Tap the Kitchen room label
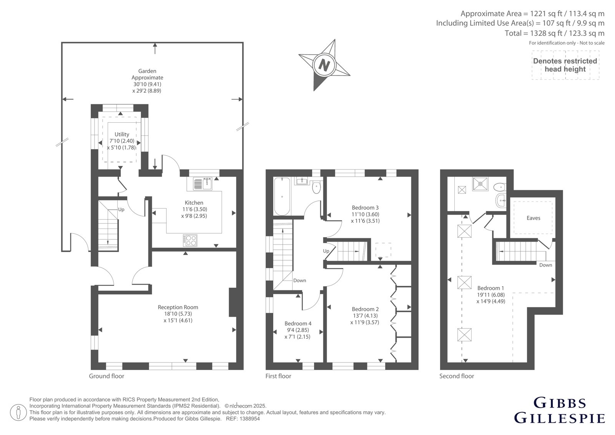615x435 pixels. click(x=194, y=203)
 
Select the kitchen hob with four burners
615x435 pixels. click(x=190, y=240)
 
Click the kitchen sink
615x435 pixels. click(x=203, y=183)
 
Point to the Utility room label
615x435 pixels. click(x=121, y=134)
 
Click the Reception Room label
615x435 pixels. click(x=178, y=307)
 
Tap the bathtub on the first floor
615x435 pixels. click(x=282, y=196)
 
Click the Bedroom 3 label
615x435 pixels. click(x=365, y=207)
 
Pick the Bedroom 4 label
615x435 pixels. click(x=298, y=323)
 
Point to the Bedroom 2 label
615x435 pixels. click(x=365, y=309)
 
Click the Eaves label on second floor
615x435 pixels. click(x=533, y=218)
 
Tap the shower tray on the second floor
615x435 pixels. click(x=480, y=184)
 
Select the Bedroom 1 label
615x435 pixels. click(x=490, y=288)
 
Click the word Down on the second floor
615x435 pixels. click(x=545, y=265)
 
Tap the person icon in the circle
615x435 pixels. click(x=18, y=412)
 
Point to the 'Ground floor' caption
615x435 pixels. click(x=106, y=376)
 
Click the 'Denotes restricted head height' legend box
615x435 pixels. click(x=565, y=65)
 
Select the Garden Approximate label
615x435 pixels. click(x=147, y=74)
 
